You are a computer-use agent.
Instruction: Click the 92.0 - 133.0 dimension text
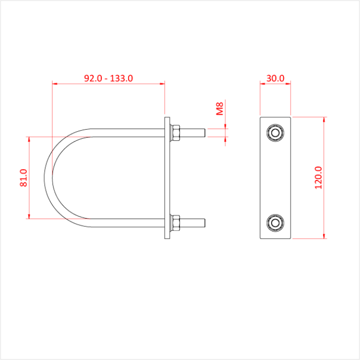(109, 78)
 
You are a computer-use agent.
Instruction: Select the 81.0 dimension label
(24, 177)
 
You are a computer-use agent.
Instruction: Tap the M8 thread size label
(220, 109)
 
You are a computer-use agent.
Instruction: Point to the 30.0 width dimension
(275, 78)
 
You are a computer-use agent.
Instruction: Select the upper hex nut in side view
(175, 133)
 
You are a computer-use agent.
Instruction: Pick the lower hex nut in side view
(175, 222)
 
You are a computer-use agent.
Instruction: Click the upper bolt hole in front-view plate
(275, 133)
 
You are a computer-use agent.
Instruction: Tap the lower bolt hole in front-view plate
(275, 222)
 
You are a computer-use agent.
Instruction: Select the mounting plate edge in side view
(168, 177)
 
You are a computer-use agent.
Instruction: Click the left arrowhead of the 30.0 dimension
(262, 82)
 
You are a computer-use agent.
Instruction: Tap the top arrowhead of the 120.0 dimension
(324, 119)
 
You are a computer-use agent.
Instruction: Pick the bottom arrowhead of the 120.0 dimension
(324, 236)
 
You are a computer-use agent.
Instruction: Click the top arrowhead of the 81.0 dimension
(29, 139)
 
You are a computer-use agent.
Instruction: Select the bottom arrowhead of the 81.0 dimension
(29, 216)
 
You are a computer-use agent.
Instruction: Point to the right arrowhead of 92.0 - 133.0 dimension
(163, 82)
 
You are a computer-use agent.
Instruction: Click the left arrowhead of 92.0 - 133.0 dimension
(55, 82)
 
